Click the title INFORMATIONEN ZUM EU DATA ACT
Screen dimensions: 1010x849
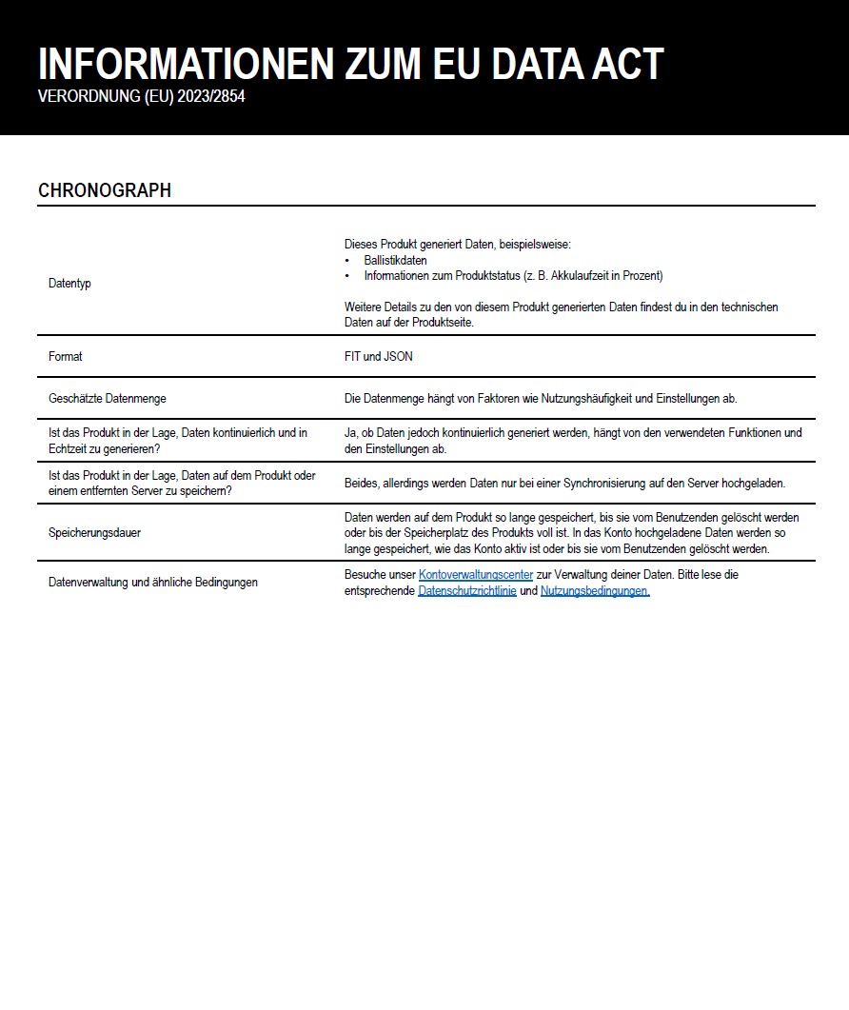[350, 64]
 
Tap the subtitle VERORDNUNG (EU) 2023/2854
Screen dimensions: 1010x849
[142, 96]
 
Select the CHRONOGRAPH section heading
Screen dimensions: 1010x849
[105, 190]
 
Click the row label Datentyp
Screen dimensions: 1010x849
[69, 284]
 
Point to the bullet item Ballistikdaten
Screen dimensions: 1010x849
[395, 260]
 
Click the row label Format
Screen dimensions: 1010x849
[66, 356]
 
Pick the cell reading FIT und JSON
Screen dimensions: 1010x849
[379, 356]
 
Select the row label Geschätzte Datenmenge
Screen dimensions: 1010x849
[108, 398]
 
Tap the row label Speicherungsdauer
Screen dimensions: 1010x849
[94, 533]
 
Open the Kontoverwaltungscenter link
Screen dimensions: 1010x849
[476, 575]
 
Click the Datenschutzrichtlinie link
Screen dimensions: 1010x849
[466, 591]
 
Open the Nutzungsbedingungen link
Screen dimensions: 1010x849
[595, 591]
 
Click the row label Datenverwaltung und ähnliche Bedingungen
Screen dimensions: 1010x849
[153, 582]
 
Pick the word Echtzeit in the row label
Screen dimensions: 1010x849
[68, 448]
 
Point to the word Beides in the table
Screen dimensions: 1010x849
[361, 483]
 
